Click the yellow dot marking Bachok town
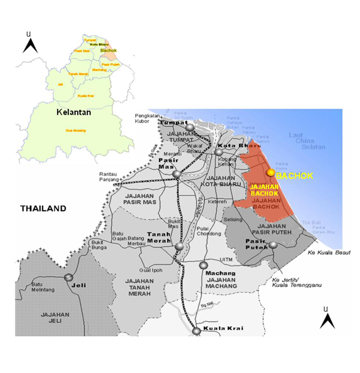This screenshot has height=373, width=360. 271,172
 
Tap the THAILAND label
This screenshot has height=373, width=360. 43,208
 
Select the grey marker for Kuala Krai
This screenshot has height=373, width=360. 197,331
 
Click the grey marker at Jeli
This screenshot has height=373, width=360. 68,277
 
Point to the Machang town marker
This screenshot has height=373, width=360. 203,265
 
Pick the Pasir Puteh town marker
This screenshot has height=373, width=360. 273,245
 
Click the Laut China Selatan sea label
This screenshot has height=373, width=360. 302,141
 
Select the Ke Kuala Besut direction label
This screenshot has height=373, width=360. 328,253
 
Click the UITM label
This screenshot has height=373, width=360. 226,260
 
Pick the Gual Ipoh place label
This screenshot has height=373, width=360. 151,270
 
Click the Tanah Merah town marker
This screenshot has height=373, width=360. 179,246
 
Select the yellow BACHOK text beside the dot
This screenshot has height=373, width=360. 295,176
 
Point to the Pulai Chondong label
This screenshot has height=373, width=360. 209,231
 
